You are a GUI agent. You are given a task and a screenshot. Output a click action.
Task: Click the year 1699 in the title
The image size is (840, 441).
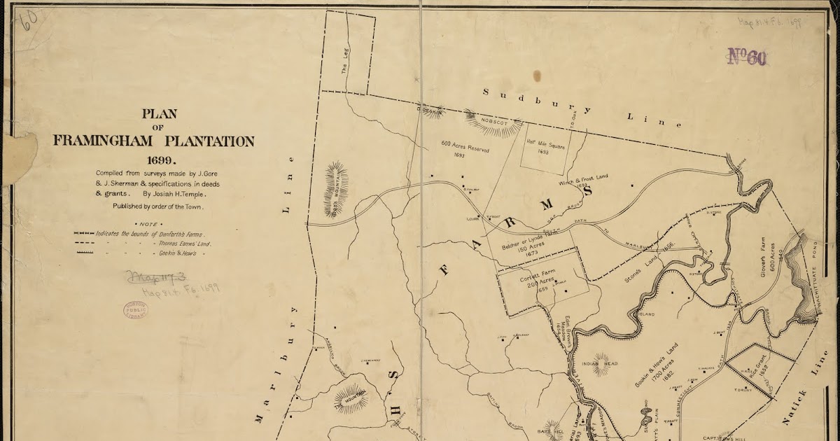click(153, 160)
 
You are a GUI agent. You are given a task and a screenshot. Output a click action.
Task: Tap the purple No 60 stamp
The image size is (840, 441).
click(747, 57)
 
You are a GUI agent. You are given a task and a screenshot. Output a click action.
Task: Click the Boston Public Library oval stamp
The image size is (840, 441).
click(135, 309)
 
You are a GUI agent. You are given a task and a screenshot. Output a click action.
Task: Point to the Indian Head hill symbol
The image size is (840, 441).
click(601, 363)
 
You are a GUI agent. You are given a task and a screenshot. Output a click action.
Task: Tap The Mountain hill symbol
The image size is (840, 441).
click(350, 399)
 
